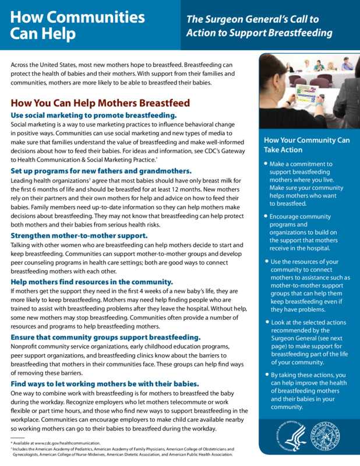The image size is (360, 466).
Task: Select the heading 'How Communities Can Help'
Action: point(77,25)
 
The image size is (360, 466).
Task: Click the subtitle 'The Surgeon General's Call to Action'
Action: point(259,26)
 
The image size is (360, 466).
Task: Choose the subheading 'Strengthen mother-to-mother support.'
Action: point(79,236)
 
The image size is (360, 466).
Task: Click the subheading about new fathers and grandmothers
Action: point(101,171)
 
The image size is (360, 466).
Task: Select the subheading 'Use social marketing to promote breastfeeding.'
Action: point(93,115)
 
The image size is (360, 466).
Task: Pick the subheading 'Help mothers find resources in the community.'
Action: point(91,281)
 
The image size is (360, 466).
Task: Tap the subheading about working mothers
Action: point(105,383)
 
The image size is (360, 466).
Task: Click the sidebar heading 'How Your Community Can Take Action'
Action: point(306,145)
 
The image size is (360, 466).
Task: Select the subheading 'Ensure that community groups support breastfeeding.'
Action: point(105,337)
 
